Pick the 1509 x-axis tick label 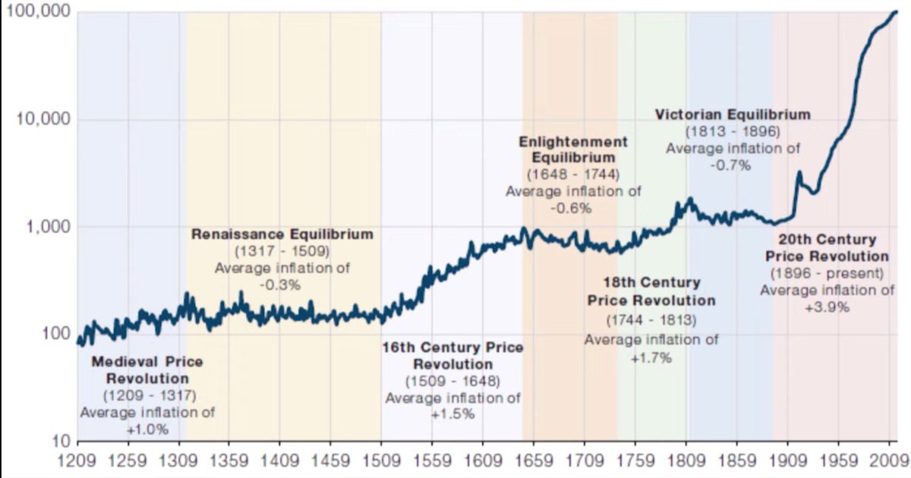pyautogui.click(x=381, y=460)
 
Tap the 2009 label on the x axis pyautogui.click(x=888, y=460)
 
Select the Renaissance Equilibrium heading pyautogui.click(x=282, y=234)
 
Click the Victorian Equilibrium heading pyautogui.click(x=733, y=115)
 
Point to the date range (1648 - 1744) pyautogui.click(x=573, y=175)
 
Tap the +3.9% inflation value pyautogui.click(x=827, y=307)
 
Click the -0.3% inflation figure pyautogui.click(x=280, y=285)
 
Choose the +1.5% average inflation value pyautogui.click(x=452, y=414)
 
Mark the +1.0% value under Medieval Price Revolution pyautogui.click(x=147, y=429)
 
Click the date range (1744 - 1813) pyautogui.click(x=651, y=319)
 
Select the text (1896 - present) pyautogui.click(x=827, y=273)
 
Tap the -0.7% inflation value pyautogui.click(x=733, y=165)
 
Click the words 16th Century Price pyautogui.click(x=452, y=347)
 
